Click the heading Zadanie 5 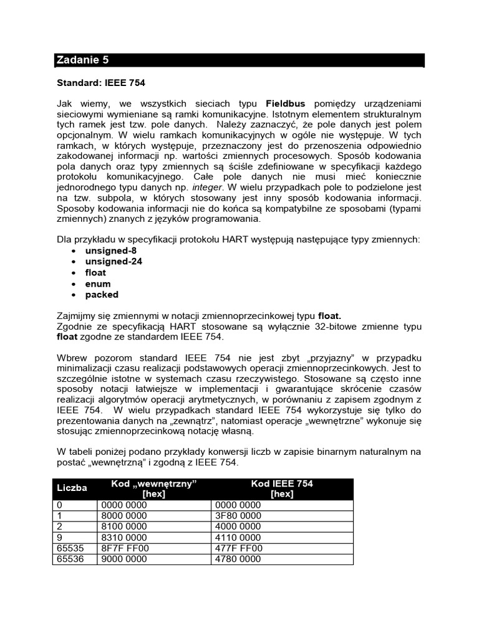(82, 60)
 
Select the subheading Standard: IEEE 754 (101, 82)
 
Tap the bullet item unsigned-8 (111, 250)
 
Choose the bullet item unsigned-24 (114, 262)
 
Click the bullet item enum (98, 283)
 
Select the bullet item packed (102, 295)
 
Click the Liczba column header (72, 488)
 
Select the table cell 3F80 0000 (238, 516)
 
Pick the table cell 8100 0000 (123, 526)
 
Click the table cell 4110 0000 (238, 538)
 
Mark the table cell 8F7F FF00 (124, 548)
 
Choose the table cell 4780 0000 (238, 559)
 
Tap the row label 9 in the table (59, 538)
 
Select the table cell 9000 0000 (123, 559)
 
